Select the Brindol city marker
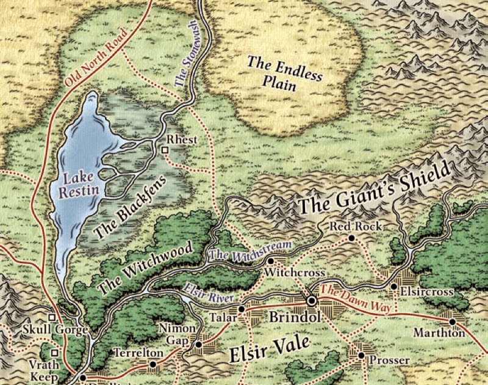pos(311,301)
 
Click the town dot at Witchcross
pos(270,260)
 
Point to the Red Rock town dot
pos(352,238)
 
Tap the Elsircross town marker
pos(394,286)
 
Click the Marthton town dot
pos(453,321)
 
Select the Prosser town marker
pos(361,354)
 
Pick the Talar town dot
pos(242,309)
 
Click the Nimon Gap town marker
pos(198,345)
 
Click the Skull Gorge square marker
pos(52,318)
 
